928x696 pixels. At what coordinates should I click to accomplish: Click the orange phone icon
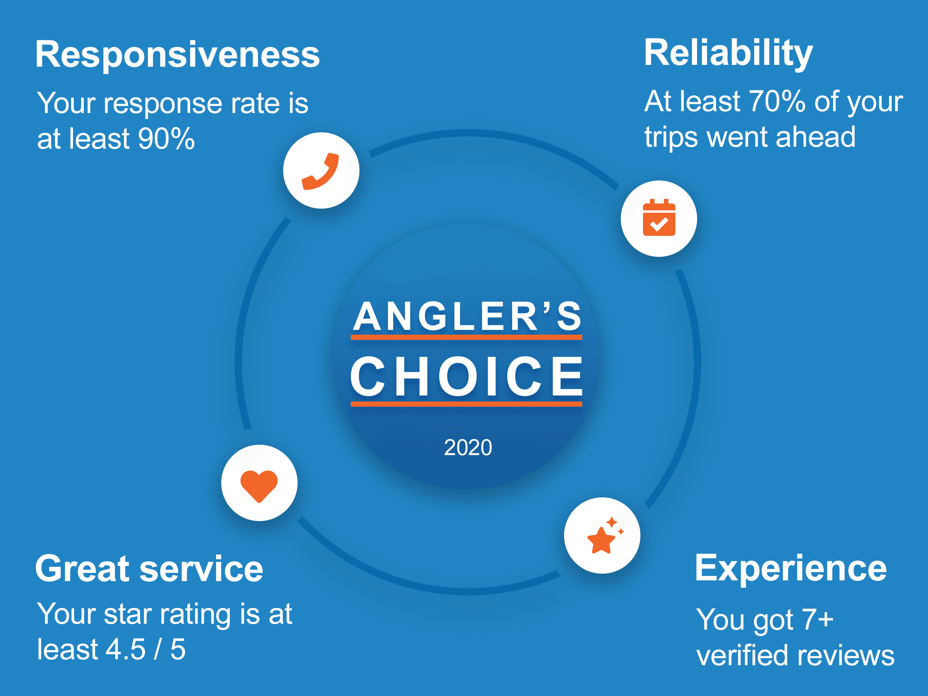(320, 171)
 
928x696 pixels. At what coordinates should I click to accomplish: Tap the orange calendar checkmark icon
(659, 217)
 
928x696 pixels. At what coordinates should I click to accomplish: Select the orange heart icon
(259, 486)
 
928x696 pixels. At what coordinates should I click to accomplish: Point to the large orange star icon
(601, 540)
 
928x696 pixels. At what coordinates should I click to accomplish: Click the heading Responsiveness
(178, 54)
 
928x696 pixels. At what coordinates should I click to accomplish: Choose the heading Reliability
(728, 53)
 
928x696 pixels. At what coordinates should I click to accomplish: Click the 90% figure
(166, 139)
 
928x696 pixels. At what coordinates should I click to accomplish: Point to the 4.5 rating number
(125, 649)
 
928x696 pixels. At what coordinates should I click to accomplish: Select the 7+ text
(817, 619)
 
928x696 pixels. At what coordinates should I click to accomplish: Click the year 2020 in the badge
(468, 448)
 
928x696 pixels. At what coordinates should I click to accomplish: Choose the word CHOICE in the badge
(467, 376)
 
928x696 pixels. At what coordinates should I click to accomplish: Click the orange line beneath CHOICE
(467, 404)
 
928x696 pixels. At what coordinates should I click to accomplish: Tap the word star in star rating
(127, 614)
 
